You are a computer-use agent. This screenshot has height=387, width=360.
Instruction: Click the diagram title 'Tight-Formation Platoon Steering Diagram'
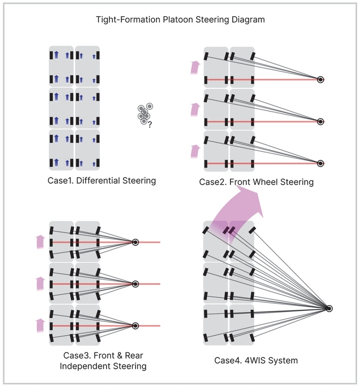180,19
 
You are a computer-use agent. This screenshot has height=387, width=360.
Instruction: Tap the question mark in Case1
150,125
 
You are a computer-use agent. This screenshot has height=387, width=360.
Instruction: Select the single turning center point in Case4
329,308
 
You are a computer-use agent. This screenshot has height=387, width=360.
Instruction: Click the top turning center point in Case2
320,80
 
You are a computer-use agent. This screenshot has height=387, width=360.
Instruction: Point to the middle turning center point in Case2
320,121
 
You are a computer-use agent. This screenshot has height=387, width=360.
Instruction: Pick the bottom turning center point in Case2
320,163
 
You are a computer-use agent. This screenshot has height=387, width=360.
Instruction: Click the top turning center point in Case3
135,242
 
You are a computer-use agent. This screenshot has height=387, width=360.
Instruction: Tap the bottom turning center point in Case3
135,326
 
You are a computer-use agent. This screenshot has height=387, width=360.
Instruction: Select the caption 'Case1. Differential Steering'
102,180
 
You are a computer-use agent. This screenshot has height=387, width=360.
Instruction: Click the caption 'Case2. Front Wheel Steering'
256,182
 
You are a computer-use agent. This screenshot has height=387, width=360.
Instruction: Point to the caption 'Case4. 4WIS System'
256,360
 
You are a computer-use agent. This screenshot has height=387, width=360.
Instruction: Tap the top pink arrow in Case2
195,67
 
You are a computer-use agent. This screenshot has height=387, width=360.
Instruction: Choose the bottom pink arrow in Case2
195,151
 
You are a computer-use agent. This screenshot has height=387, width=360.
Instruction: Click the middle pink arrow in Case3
40,283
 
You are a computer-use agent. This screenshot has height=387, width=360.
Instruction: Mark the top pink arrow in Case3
40,242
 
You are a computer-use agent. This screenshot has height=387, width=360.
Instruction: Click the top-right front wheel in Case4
252,230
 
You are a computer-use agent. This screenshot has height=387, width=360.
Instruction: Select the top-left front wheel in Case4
206,230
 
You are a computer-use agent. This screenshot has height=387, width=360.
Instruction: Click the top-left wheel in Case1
51,55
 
